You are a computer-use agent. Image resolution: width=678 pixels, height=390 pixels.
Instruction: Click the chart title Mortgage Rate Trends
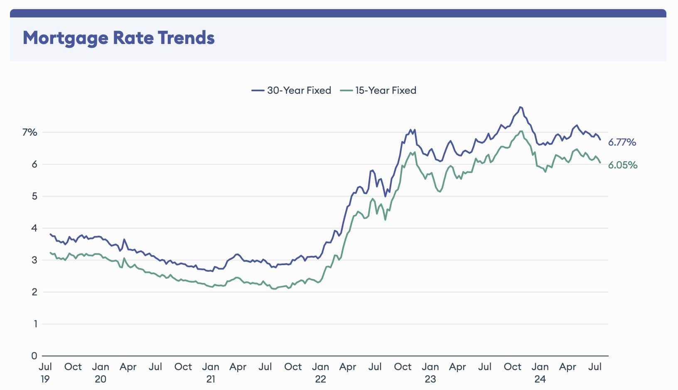click(x=118, y=38)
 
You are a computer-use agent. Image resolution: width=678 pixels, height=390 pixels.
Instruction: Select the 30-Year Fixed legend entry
click(x=291, y=90)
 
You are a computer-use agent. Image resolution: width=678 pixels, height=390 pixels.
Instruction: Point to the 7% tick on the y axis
click(x=30, y=132)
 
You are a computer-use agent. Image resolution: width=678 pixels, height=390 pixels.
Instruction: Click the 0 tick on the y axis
click(x=34, y=356)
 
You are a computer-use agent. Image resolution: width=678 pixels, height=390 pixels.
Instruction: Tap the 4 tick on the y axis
click(x=34, y=228)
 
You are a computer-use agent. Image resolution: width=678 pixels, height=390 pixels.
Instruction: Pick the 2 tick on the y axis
click(x=34, y=292)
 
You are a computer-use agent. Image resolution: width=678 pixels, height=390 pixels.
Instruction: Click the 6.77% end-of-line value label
click(x=622, y=142)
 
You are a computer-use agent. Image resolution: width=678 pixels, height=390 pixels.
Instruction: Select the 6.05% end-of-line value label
click(x=622, y=165)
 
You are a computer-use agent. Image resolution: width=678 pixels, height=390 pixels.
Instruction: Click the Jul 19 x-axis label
click(x=45, y=373)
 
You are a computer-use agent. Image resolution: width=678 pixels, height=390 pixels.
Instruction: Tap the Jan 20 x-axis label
click(x=101, y=373)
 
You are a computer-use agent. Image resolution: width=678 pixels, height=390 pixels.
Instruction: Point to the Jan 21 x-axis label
click(x=211, y=373)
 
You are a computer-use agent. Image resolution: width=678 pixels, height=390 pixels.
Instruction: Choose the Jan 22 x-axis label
click(x=320, y=373)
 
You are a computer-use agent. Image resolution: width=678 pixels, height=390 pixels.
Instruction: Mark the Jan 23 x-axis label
click(x=430, y=373)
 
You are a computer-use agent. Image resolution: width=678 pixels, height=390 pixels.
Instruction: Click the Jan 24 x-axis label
click(x=540, y=373)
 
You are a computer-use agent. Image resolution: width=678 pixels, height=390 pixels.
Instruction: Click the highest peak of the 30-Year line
click(x=521, y=107)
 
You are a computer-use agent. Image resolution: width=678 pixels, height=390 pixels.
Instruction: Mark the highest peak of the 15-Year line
click(x=521, y=132)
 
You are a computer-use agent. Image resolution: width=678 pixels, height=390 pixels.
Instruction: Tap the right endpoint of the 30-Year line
click(x=600, y=139)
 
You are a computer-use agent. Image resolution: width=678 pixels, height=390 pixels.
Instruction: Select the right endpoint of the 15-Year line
click(x=600, y=163)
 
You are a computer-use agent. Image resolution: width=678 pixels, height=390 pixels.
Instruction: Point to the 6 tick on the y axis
click(x=34, y=164)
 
